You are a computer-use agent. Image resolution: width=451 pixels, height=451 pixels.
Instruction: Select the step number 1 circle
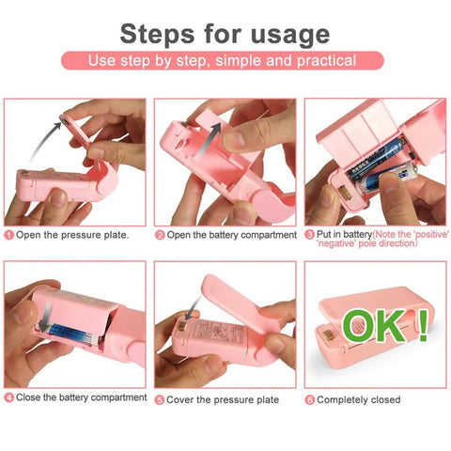coord(8,234)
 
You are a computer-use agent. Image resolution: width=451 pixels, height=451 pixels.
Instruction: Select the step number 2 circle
coord(160,234)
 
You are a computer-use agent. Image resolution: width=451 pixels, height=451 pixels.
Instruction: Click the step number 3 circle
coord(309,234)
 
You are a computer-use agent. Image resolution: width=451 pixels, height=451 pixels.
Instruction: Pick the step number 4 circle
coord(8,398)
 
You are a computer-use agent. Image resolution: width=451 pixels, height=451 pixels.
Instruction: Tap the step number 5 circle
coord(160,399)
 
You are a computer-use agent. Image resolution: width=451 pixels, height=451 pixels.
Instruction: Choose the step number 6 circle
coord(309,399)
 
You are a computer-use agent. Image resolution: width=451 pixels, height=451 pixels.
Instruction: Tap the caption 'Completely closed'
coord(361,399)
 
